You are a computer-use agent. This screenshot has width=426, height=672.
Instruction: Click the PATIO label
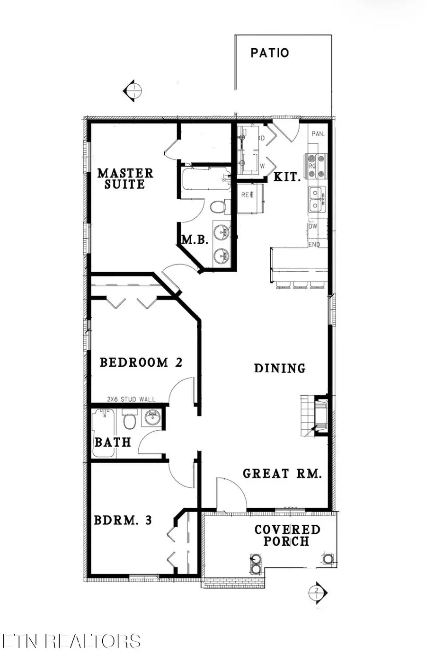(x=269, y=53)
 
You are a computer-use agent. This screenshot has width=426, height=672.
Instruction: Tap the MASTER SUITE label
(x=125, y=178)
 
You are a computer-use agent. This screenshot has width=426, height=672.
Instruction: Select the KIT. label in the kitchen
(x=287, y=177)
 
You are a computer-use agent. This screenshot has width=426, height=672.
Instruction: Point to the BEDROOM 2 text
(x=141, y=363)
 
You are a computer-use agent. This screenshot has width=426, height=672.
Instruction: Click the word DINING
(x=280, y=368)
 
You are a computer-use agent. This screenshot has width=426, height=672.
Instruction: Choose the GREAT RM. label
(x=282, y=474)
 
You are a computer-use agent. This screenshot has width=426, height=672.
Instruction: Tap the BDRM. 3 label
(x=123, y=520)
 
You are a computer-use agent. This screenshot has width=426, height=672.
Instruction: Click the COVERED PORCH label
(x=287, y=535)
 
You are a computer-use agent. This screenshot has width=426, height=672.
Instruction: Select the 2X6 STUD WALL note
(x=131, y=399)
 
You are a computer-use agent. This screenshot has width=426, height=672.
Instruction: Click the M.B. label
(x=195, y=240)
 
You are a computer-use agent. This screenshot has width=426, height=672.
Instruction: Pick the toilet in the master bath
(x=217, y=207)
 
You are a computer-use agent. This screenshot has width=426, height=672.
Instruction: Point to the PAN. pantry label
(x=318, y=134)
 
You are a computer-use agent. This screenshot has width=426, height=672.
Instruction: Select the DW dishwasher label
(x=313, y=227)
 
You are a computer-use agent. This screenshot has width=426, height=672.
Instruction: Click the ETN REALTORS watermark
(x=71, y=641)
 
